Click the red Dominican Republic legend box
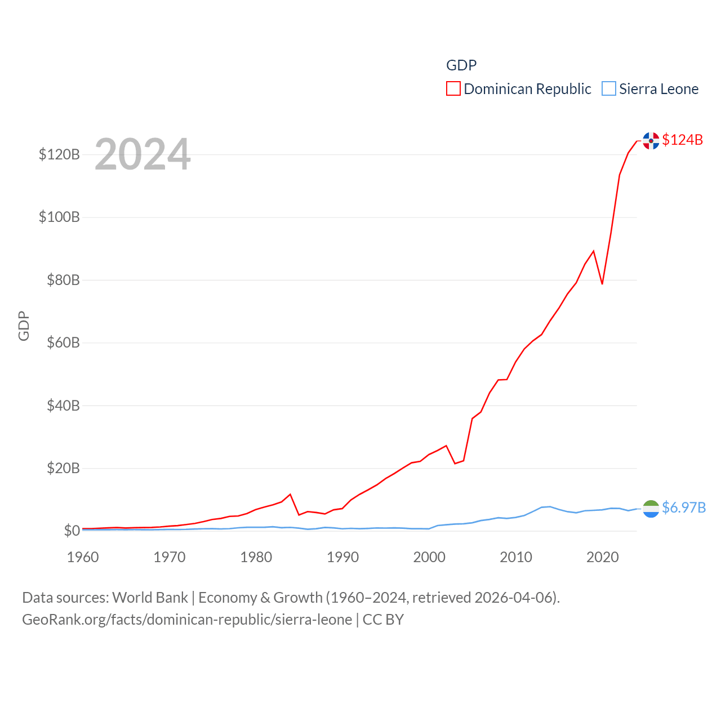point(453,89)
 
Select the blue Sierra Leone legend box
point(609,89)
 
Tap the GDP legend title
point(461,65)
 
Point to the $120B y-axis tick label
point(59,154)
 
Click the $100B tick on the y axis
point(59,217)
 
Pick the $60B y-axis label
point(63,342)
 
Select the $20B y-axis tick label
point(63,468)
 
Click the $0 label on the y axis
point(72,531)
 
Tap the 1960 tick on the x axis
point(83,557)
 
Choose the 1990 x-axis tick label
point(342,557)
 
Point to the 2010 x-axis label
point(516,557)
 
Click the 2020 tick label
point(603,557)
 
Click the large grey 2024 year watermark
point(143,154)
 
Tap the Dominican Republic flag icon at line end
point(651,140)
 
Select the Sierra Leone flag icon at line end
point(651,509)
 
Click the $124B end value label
point(683,140)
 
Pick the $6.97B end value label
point(684,508)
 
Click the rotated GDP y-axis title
point(24,326)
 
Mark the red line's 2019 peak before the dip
point(594,251)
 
